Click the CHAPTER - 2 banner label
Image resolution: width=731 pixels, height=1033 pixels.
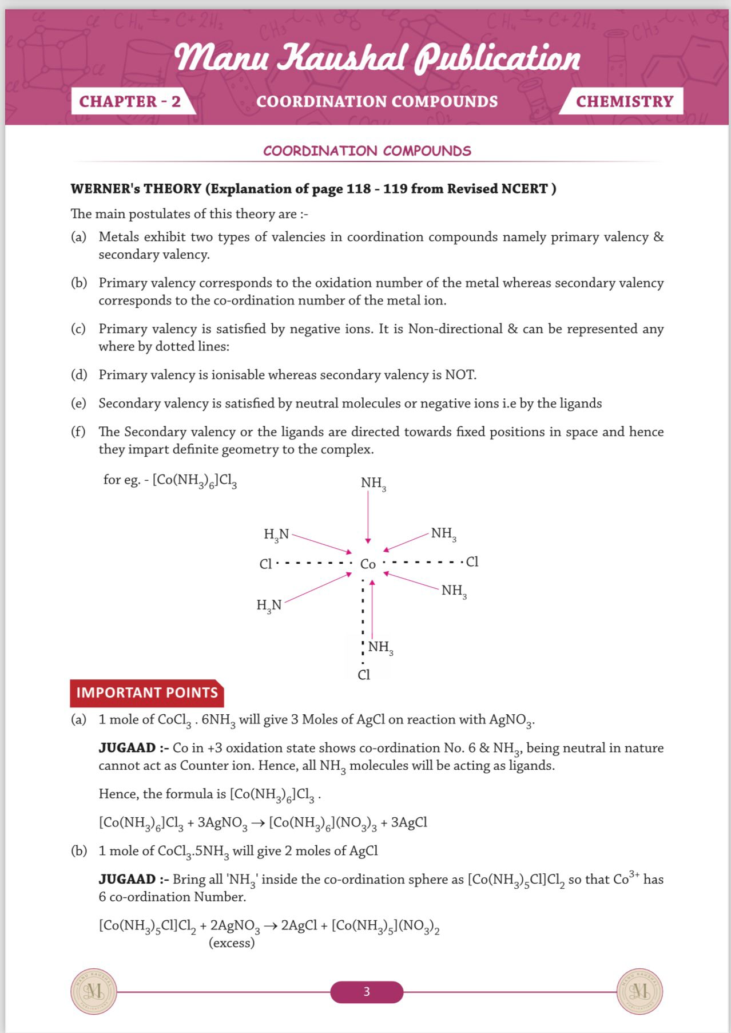click(x=130, y=101)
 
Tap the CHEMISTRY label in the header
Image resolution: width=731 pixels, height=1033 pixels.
click(x=624, y=101)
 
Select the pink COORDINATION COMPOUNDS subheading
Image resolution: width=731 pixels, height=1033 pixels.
click(x=367, y=151)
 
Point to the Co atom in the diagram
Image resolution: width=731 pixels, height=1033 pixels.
click(x=368, y=564)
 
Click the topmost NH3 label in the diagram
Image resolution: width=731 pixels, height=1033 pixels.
click(x=373, y=484)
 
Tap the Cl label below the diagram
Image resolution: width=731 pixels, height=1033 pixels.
click(x=364, y=675)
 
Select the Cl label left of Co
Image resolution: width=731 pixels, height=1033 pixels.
click(x=265, y=564)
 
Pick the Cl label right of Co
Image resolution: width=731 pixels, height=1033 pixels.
click(x=472, y=562)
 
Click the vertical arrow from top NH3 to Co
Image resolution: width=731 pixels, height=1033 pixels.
click(x=368, y=517)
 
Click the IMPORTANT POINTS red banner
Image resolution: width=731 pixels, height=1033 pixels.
click(x=147, y=693)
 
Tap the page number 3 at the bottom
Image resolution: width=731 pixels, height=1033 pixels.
click(x=367, y=992)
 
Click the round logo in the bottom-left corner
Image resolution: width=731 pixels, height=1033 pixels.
click(x=94, y=992)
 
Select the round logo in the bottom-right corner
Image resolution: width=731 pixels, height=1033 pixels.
click(x=639, y=992)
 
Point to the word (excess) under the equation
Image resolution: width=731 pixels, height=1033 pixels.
click(x=232, y=943)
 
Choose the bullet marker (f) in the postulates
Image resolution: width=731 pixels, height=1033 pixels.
click(x=78, y=432)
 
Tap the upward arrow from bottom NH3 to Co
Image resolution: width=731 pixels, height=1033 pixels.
click(x=372, y=609)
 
